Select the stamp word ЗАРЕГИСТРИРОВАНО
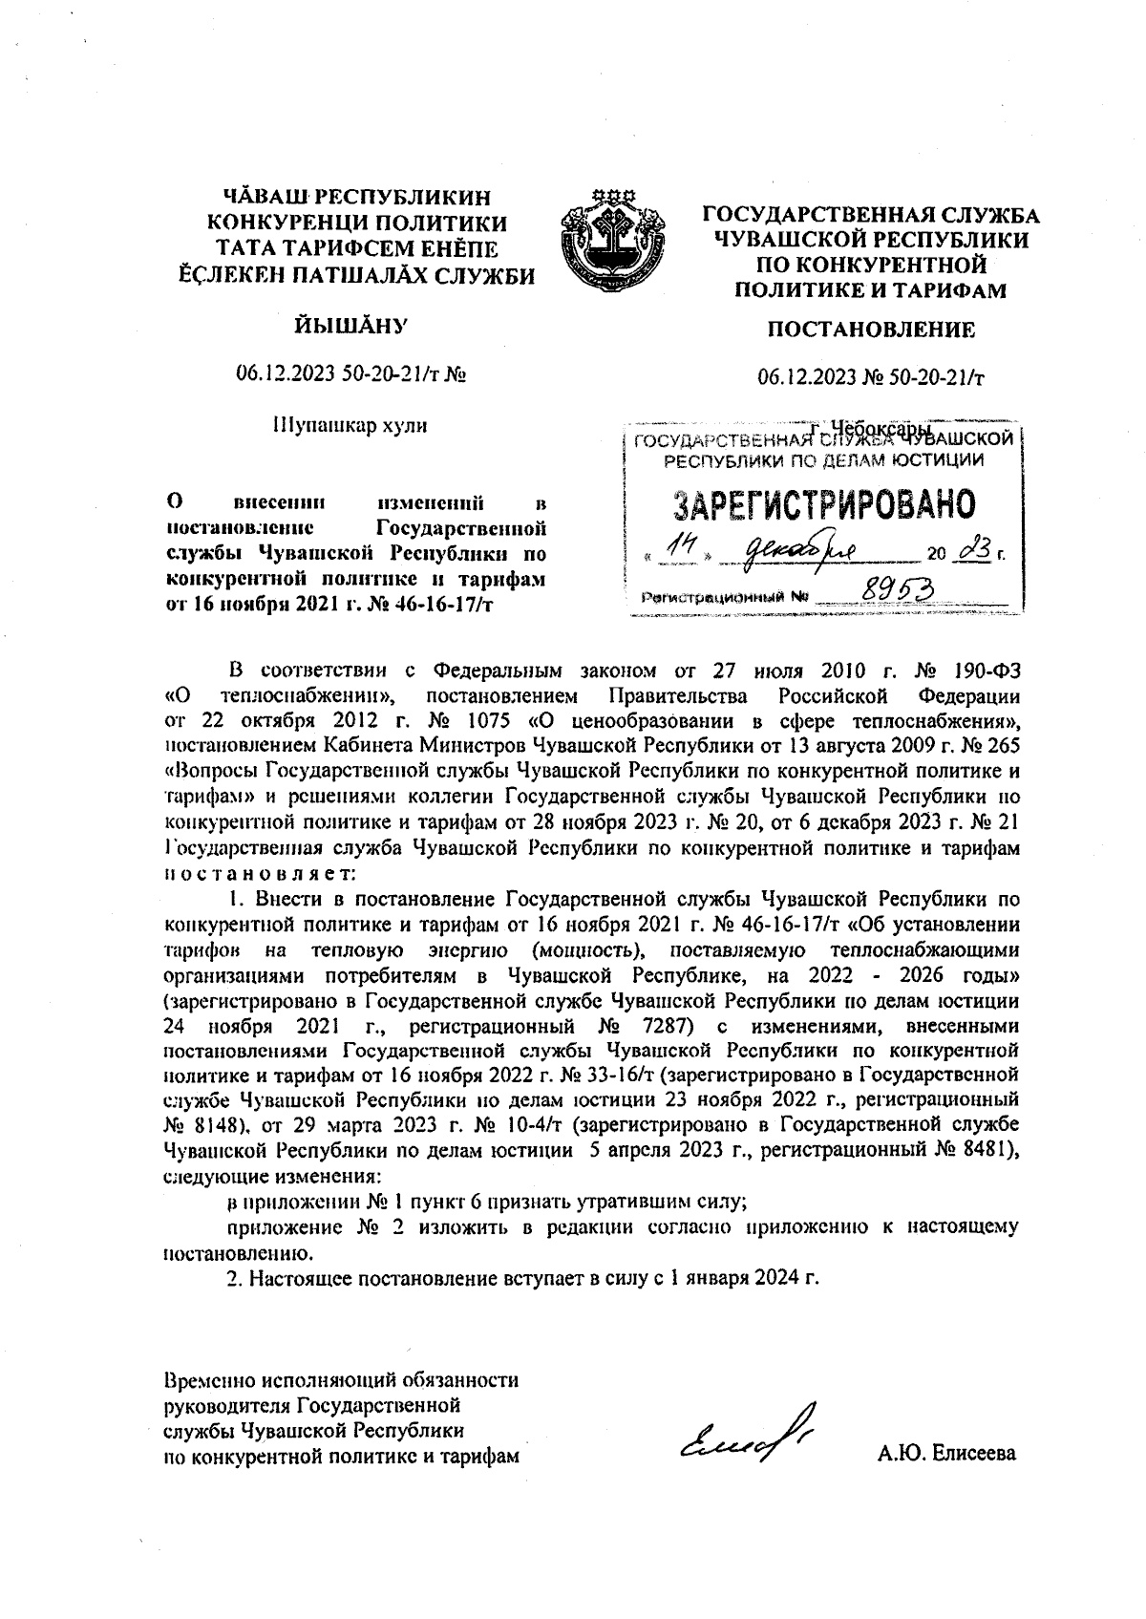coord(824,504)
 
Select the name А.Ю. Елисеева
coord(947,1455)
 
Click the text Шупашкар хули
coord(350,425)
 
